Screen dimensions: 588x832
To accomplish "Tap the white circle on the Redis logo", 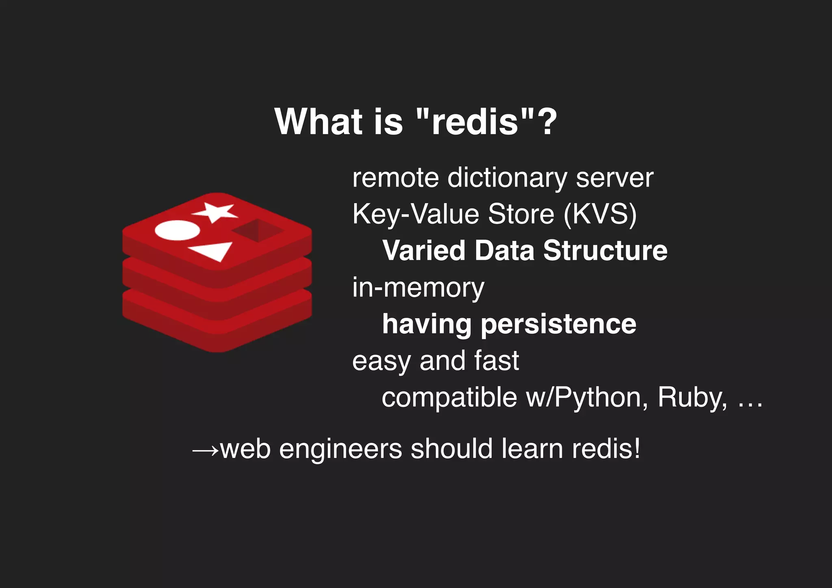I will tap(178, 230).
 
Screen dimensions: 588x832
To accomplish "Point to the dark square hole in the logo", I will tap(258, 230).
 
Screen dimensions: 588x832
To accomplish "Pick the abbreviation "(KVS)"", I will tap(600, 214).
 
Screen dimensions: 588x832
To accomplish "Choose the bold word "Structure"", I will tap(605, 250).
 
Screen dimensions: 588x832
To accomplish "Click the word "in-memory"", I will tap(418, 288).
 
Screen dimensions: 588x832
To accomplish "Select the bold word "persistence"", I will tap(558, 324).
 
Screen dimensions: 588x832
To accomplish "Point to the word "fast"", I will tap(496, 360).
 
